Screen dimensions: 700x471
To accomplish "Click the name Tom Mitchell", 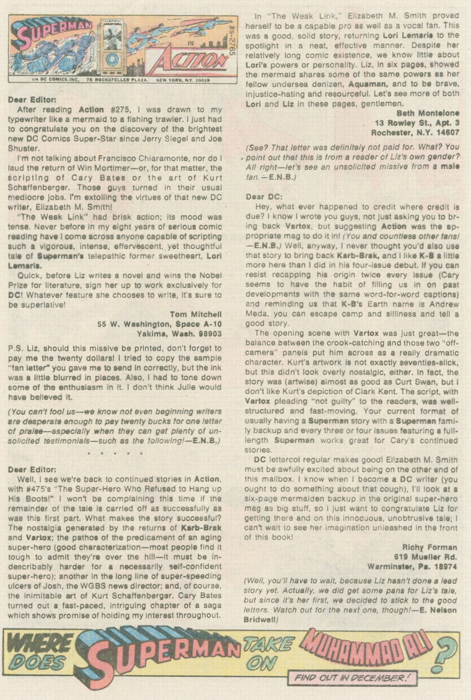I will (x=195, y=314).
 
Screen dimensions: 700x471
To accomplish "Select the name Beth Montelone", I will (x=428, y=113).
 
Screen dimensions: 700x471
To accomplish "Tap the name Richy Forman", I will (x=430, y=547).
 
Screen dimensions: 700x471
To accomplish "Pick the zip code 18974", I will (x=445, y=566).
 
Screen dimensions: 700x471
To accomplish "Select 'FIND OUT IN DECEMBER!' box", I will (x=352, y=677).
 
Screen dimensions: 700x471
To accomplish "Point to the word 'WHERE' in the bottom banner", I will (x=39, y=644).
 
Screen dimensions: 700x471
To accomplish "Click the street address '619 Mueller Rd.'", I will (x=426, y=557).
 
